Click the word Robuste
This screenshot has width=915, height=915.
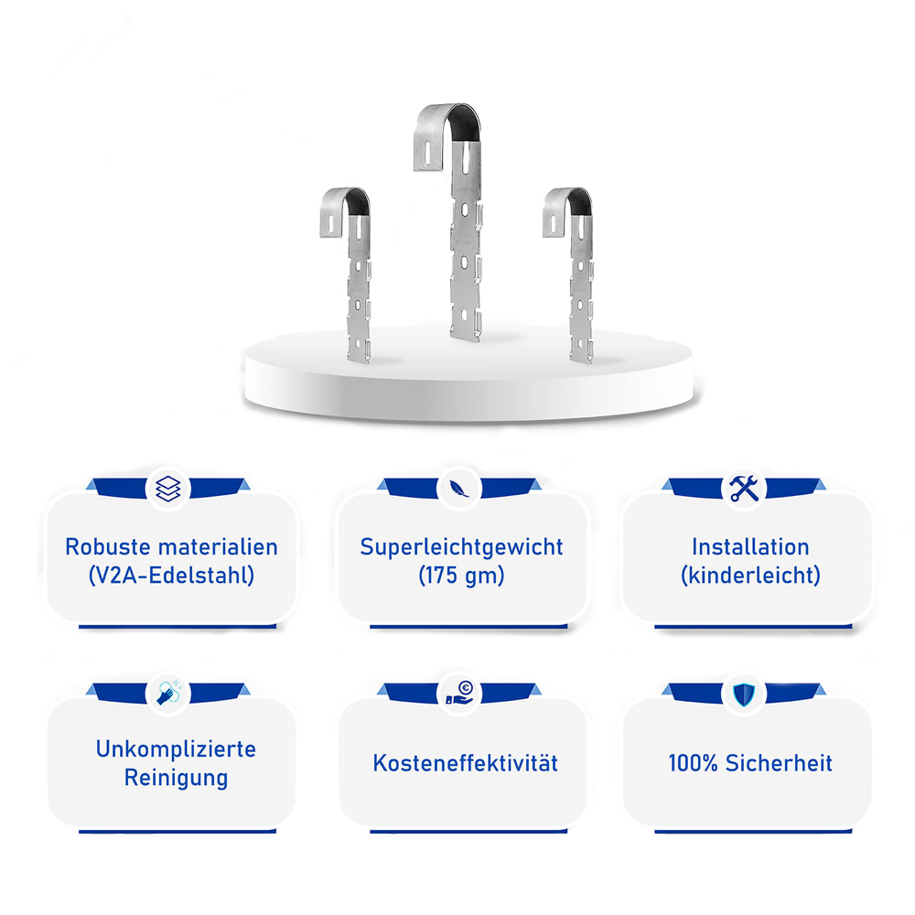(107, 547)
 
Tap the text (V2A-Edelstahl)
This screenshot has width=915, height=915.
(172, 576)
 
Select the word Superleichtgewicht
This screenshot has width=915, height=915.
(461, 547)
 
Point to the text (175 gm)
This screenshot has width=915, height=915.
(461, 576)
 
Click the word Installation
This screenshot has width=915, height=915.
(750, 547)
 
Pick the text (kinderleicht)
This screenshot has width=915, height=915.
(750, 576)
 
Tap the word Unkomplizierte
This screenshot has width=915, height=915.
(176, 748)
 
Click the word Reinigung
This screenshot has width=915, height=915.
(176, 778)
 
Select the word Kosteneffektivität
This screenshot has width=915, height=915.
(465, 763)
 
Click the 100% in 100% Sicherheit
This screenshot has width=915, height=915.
(693, 763)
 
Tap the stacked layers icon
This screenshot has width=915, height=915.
(168, 489)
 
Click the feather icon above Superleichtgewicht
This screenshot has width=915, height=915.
(458, 489)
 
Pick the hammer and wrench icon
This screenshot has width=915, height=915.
(743, 489)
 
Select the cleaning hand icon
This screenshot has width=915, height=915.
(169, 692)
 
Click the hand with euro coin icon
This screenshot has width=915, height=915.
(459, 693)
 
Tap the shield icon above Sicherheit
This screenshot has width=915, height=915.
(744, 694)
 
